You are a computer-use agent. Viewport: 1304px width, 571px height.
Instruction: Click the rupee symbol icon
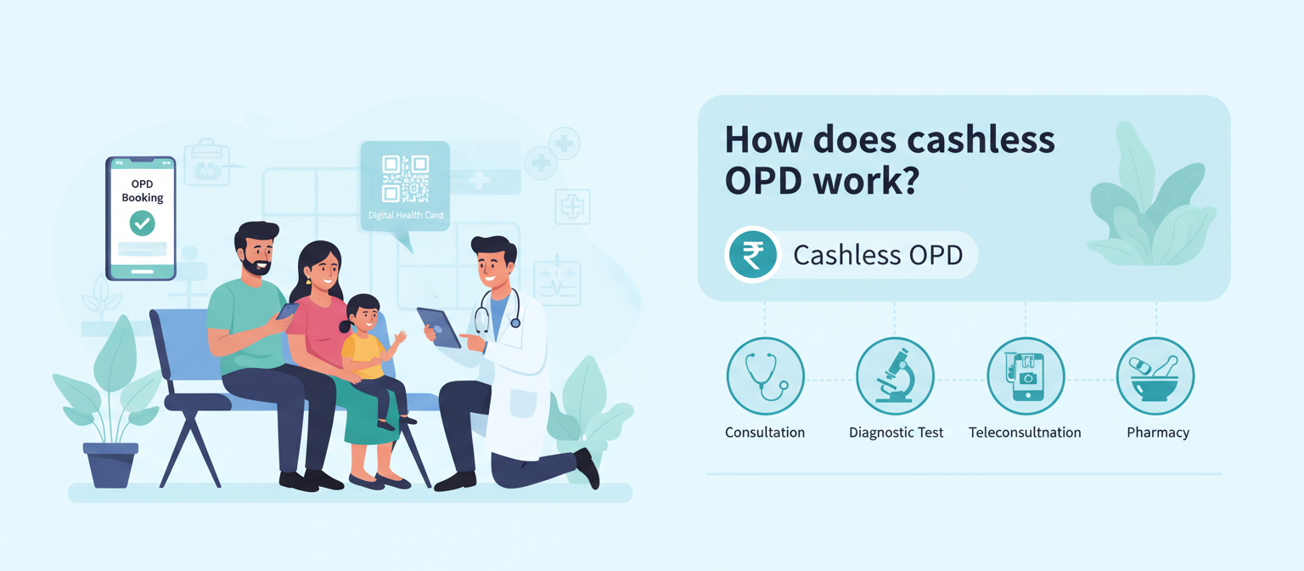(752, 254)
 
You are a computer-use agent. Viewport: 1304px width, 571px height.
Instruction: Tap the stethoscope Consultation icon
(765, 376)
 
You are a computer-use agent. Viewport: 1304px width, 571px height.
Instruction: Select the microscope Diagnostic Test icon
(895, 376)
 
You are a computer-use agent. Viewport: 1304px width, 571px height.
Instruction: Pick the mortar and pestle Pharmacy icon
(1155, 376)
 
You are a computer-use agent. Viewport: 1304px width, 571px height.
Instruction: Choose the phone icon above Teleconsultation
(1026, 376)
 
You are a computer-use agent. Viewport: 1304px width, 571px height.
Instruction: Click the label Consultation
(765, 432)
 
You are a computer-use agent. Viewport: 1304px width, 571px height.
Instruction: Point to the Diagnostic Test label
(896, 432)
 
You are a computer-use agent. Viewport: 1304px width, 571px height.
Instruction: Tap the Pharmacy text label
(1158, 432)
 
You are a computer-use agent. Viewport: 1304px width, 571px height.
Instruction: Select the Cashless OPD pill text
(878, 255)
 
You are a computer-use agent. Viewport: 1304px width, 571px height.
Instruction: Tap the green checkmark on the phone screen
(142, 223)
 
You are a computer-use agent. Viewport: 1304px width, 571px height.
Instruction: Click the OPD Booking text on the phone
(142, 190)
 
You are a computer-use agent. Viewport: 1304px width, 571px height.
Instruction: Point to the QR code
(405, 178)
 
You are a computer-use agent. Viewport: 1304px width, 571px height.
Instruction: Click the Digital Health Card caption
(406, 216)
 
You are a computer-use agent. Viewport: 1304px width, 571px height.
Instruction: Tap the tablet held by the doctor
(439, 328)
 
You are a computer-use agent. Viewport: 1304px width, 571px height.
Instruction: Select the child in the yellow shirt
(366, 348)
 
